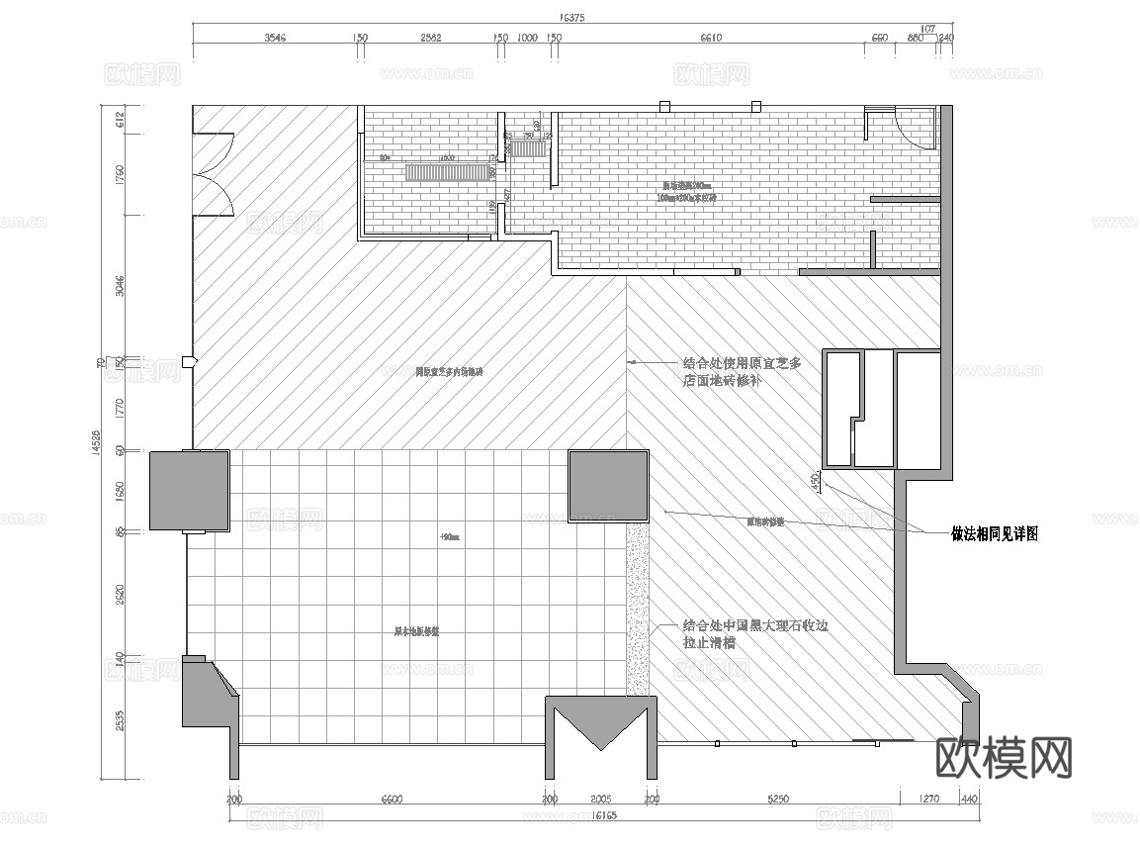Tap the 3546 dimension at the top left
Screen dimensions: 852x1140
coord(275,39)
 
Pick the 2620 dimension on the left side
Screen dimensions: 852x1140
coord(121,594)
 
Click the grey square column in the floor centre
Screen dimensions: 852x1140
coord(608,487)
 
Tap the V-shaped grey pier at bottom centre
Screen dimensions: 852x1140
coord(600,730)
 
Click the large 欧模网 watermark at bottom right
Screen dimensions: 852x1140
coord(1003,759)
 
